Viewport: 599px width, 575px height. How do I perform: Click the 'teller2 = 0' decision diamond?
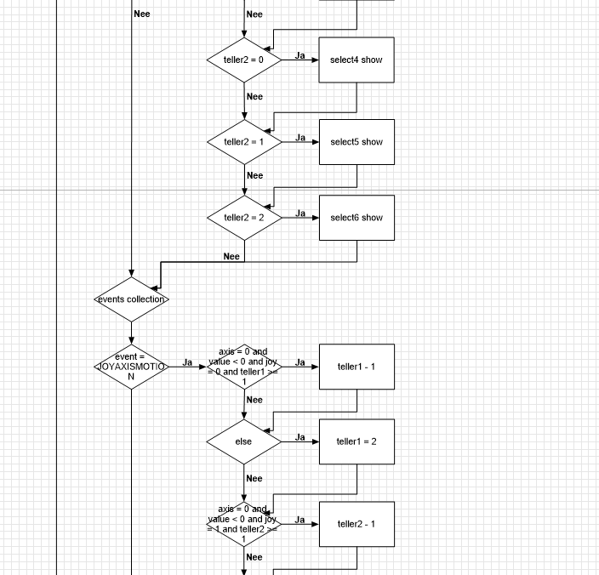pyautogui.click(x=244, y=60)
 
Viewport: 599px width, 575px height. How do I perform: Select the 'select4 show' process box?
pyautogui.click(x=357, y=60)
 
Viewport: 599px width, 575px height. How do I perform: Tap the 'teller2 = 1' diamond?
pyautogui.click(x=244, y=142)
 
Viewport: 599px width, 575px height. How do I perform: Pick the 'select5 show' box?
pyautogui.click(x=357, y=142)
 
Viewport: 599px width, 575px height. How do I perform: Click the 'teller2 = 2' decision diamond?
pyautogui.click(x=244, y=218)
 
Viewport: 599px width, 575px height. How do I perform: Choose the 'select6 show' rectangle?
pyautogui.click(x=357, y=218)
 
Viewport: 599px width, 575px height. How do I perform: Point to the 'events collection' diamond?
pyautogui.click(x=131, y=299)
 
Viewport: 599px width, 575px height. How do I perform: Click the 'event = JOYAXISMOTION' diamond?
pyautogui.click(x=131, y=367)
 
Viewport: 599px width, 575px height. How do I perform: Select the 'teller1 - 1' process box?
pyautogui.click(x=357, y=367)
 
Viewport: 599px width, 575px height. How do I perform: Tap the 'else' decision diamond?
pyautogui.click(x=244, y=441)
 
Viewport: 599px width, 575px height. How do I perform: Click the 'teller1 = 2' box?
pyautogui.click(x=357, y=441)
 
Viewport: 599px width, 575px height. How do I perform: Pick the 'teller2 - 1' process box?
pyautogui.click(x=357, y=524)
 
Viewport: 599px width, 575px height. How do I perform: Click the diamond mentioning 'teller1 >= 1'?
pyautogui.click(x=244, y=367)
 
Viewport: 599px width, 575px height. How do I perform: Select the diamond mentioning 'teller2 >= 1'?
pyautogui.click(x=244, y=524)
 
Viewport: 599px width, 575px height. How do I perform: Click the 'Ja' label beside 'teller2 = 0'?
pyautogui.click(x=300, y=55)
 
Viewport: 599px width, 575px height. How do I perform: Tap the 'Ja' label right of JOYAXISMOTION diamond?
pyautogui.click(x=187, y=362)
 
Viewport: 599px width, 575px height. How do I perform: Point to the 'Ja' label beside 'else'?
pyautogui.click(x=300, y=437)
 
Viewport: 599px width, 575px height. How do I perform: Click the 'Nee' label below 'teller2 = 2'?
pyautogui.click(x=231, y=256)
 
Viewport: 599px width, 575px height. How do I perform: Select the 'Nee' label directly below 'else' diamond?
pyautogui.click(x=254, y=478)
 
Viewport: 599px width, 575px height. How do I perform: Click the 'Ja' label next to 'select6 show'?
pyautogui.click(x=300, y=213)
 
